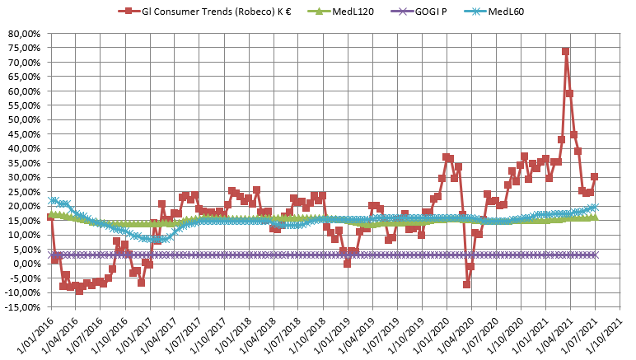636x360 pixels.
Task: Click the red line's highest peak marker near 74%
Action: [566, 51]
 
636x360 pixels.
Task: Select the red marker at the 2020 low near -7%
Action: [466, 284]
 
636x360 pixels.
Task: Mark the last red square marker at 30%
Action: [595, 176]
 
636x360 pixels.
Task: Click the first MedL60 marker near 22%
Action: [53, 200]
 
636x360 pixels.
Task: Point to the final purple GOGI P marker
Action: [595, 255]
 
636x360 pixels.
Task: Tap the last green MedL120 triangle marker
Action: [595, 217]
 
